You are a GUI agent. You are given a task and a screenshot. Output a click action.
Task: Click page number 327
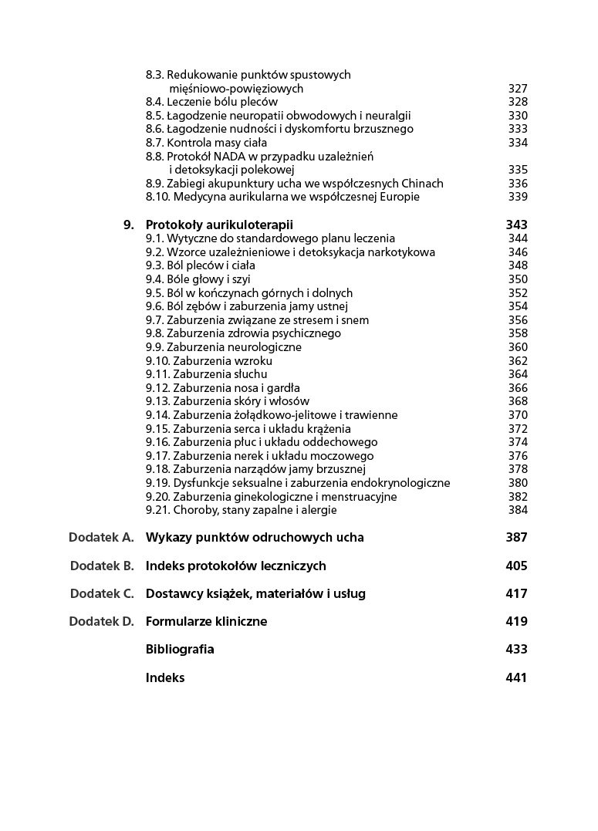tap(518, 89)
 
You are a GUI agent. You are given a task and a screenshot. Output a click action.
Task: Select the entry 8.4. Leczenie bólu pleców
tap(211, 102)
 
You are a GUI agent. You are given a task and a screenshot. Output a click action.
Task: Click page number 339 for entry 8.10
tap(518, 197)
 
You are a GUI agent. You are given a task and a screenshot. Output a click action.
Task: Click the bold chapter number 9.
tap(128, 225)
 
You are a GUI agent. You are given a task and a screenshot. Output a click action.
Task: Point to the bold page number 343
tap(516, 225)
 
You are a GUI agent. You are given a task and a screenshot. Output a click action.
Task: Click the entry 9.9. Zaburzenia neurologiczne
tap(224, 347)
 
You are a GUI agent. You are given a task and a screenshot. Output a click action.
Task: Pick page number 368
tap(518, 401)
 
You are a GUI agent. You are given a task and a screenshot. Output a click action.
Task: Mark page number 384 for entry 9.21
tap(518, 510)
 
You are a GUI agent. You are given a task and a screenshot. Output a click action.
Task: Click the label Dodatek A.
tap(101, 538)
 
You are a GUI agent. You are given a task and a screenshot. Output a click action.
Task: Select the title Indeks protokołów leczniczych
tap(235, 566)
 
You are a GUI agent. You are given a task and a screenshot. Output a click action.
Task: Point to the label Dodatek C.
tap(102, 593)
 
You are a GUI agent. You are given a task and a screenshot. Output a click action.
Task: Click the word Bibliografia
tap(180, 649)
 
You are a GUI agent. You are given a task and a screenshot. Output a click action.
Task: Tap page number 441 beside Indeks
tap(516, 677)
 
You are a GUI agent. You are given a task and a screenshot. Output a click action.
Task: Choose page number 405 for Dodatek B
tap(516, 566)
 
